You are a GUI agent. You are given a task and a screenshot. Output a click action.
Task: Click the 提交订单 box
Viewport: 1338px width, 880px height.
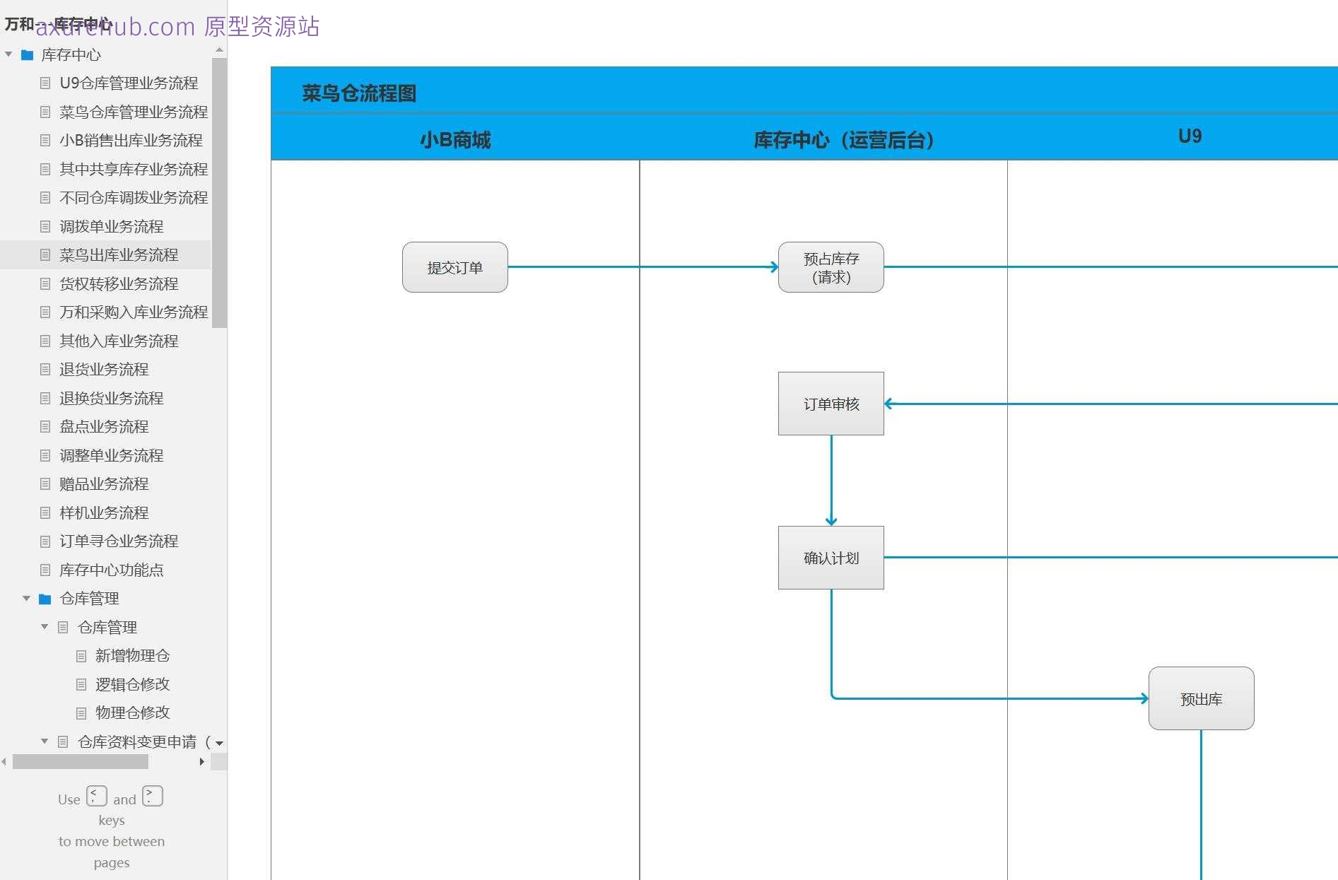(454, 267)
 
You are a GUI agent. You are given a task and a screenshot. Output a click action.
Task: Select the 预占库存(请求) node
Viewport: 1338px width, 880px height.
(831, 267)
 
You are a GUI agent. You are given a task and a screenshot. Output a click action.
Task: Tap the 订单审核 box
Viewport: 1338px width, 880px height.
(831, 404)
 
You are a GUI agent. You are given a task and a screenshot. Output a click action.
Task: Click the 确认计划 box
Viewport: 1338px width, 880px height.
(831, 558)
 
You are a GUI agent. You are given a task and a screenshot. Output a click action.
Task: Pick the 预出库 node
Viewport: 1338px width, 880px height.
(1201, 698)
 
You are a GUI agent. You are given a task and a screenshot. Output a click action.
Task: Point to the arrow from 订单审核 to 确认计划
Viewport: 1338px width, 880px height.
(831, 481)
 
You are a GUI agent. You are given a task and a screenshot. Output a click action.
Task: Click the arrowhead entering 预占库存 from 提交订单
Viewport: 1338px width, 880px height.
(774, 267)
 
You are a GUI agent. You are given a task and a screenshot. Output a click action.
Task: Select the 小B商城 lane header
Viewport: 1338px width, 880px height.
(455, 140)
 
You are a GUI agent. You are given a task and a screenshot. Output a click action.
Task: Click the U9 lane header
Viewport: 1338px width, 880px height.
(1190, 136)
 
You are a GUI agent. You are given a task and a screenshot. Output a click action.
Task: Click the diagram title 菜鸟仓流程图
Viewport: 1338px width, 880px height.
(359, 93)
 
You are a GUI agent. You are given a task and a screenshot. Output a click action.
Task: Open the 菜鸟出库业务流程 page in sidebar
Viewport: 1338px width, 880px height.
(119, 254)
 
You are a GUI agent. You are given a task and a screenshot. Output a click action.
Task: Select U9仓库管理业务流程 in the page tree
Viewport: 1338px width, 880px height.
(129, 83)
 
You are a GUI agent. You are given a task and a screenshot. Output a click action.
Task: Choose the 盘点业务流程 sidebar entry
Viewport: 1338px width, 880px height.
(104, 426)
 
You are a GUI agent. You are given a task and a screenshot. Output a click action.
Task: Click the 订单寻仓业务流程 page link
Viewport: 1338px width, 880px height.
(119, 541)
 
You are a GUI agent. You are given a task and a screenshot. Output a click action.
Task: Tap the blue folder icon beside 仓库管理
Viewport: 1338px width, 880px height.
(45, 599)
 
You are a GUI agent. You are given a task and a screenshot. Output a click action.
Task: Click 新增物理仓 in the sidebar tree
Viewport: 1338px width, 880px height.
(132, 655)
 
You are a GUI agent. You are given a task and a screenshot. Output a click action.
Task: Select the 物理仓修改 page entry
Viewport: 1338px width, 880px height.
(132, 712)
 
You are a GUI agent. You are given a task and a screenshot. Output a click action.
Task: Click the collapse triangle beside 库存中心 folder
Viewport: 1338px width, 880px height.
(8, 54)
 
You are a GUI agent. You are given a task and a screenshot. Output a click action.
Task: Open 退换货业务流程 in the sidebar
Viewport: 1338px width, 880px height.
(111, 398)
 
